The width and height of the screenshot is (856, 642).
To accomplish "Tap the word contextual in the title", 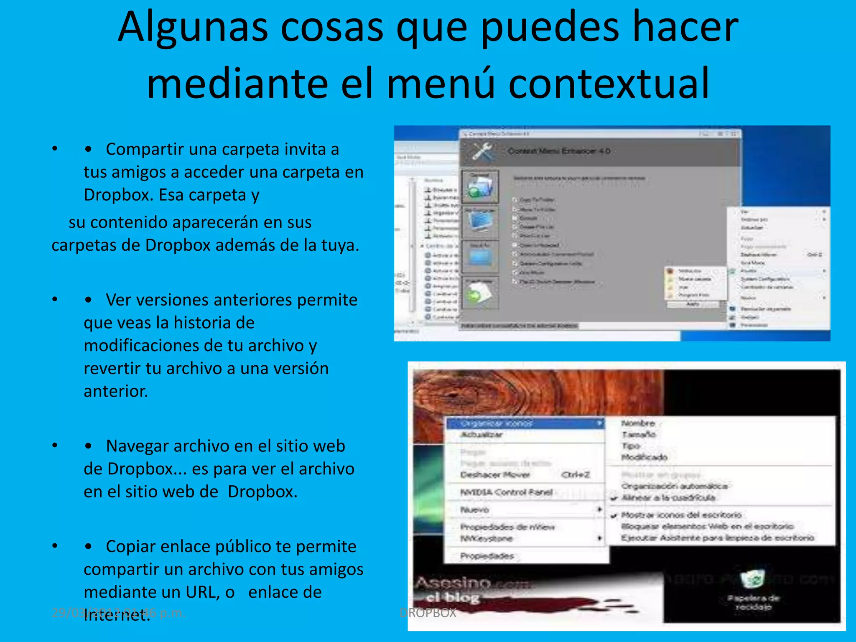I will (x=609, y=84).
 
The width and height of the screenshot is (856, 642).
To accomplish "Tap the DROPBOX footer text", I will (x=428, y=613).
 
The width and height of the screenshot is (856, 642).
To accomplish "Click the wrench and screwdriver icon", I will (x=482, y=151).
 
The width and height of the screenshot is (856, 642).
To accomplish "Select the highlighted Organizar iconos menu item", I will (x=497, y=423).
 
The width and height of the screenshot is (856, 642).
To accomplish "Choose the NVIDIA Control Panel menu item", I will (x=506, y=492).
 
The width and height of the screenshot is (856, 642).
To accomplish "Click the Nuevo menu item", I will (x=475, y=510).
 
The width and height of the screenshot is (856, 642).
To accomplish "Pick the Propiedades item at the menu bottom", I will (x=487, y=556).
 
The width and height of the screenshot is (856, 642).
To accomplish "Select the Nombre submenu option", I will (x=638, y=423).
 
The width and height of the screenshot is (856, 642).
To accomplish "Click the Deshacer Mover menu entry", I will (x=495, y=475).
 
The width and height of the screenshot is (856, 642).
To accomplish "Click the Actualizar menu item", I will (x=481, y=435).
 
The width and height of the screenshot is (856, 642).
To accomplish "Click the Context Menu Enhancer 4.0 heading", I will (x=559, y=151).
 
